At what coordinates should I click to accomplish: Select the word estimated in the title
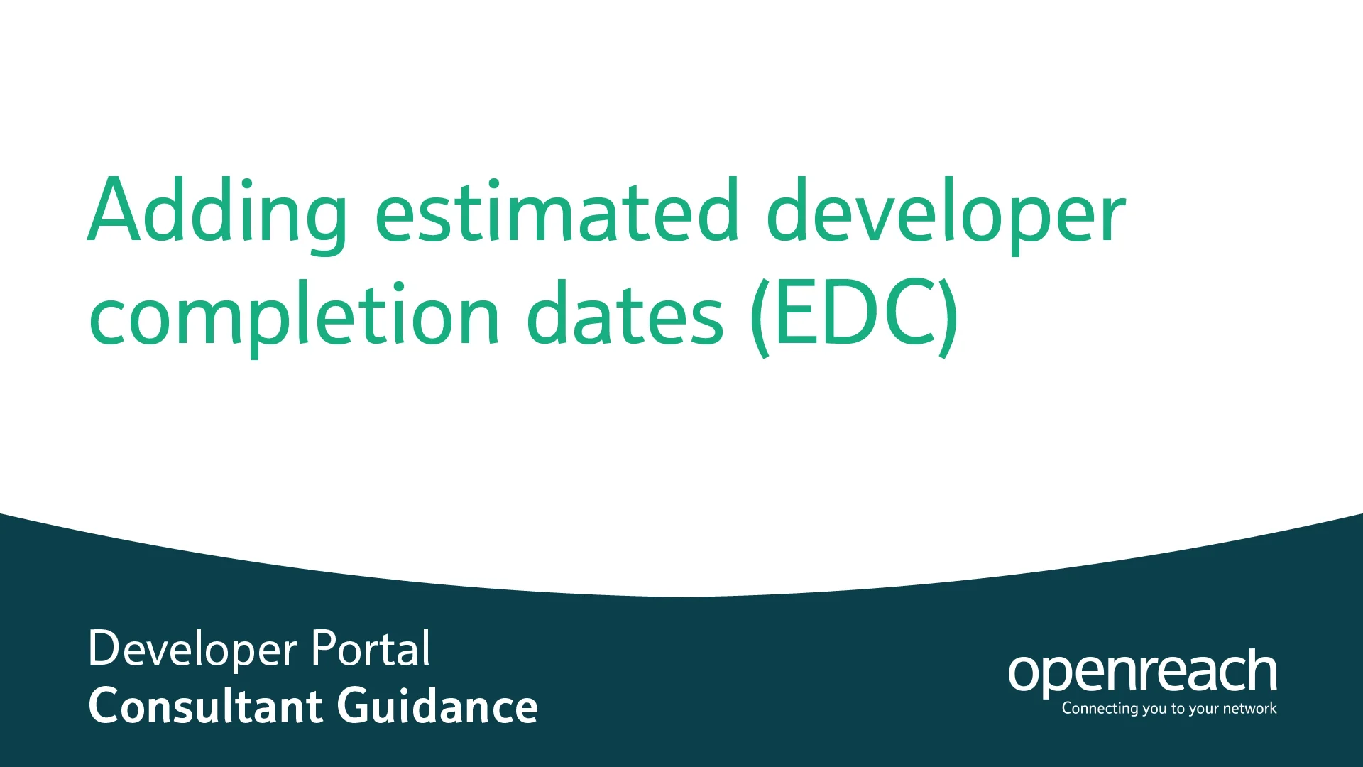click(x=557, y=212)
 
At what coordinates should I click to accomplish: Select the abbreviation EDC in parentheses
click(x=854, y=315)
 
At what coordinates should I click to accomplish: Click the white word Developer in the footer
click(x=192, y=649)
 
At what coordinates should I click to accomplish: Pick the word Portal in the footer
click(x=371, y=648)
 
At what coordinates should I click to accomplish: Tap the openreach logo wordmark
click(x=1142, y=671)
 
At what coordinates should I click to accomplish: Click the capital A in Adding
click(x=116, y=210)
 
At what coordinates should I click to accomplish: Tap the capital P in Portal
click(x=323, y=648)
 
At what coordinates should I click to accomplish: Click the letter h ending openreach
click(x=1262, y=670)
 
